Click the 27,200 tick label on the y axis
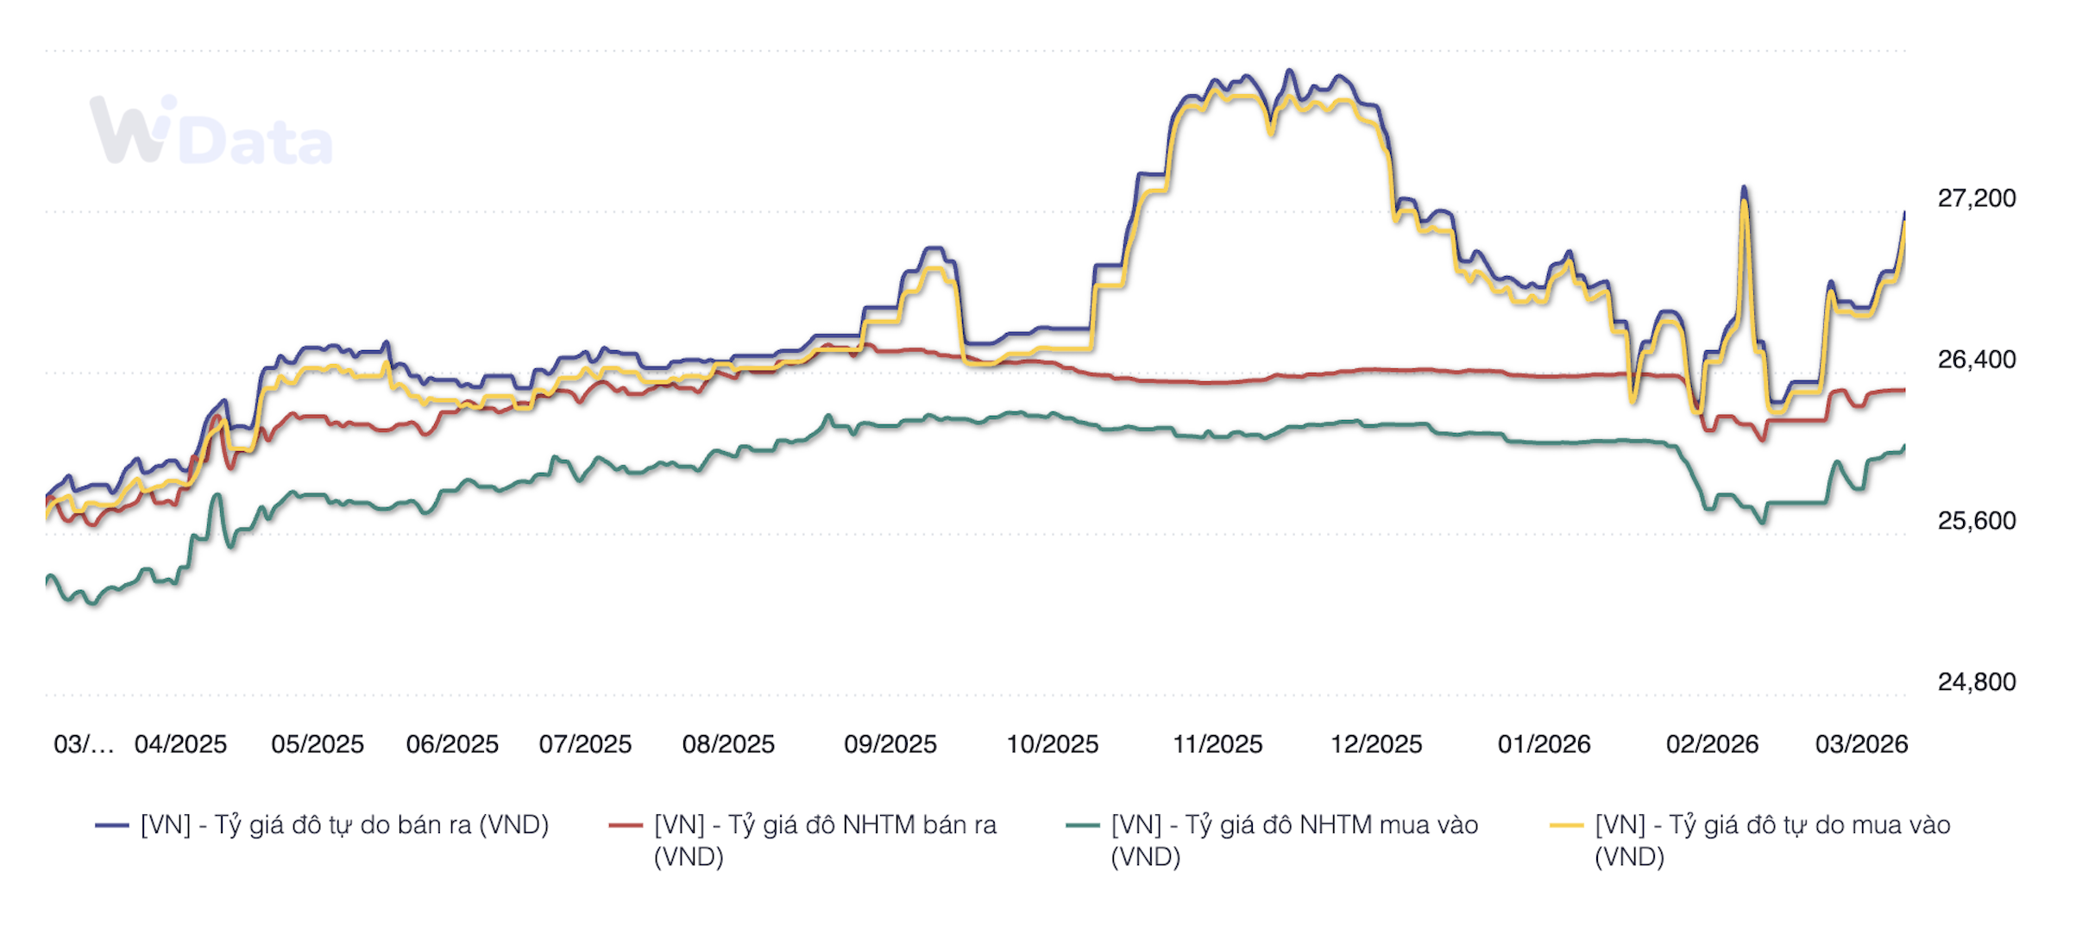[1976, 198]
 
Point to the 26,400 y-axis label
[1976, 360]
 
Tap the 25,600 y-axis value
[1976, 521]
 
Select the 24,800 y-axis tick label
[1976, 682]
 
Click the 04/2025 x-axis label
[180, 744]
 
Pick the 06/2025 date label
[452, 744]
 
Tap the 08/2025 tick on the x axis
[728, 744]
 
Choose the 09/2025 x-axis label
[890, 744]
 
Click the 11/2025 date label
[1217, 744]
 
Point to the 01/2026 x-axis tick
[1544, 744]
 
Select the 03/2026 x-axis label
[1861, 744]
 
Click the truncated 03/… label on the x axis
[83, 744]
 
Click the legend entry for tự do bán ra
[344, 825]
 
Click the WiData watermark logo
[211, 131]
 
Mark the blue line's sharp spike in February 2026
[1744, 187]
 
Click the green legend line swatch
[1083, 825]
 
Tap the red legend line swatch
[626, 825]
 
